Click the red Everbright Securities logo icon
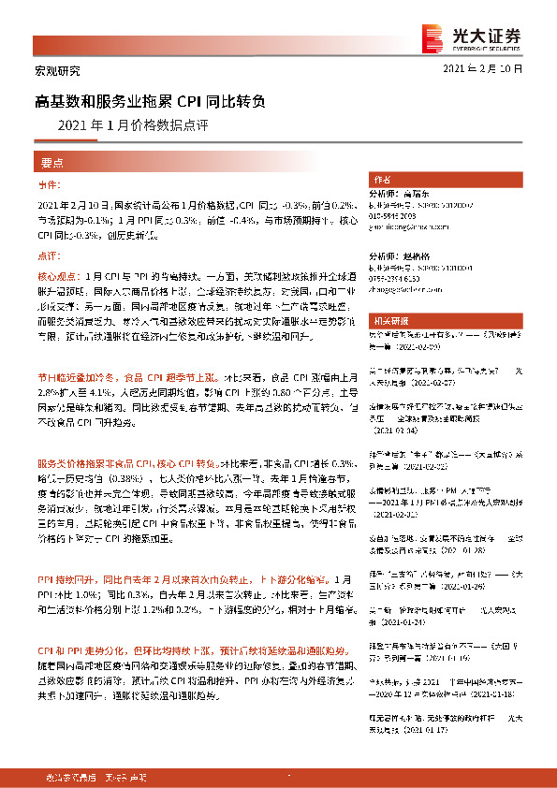[432, 36]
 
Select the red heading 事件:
[50, 186]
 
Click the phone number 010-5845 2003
[393, 215]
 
